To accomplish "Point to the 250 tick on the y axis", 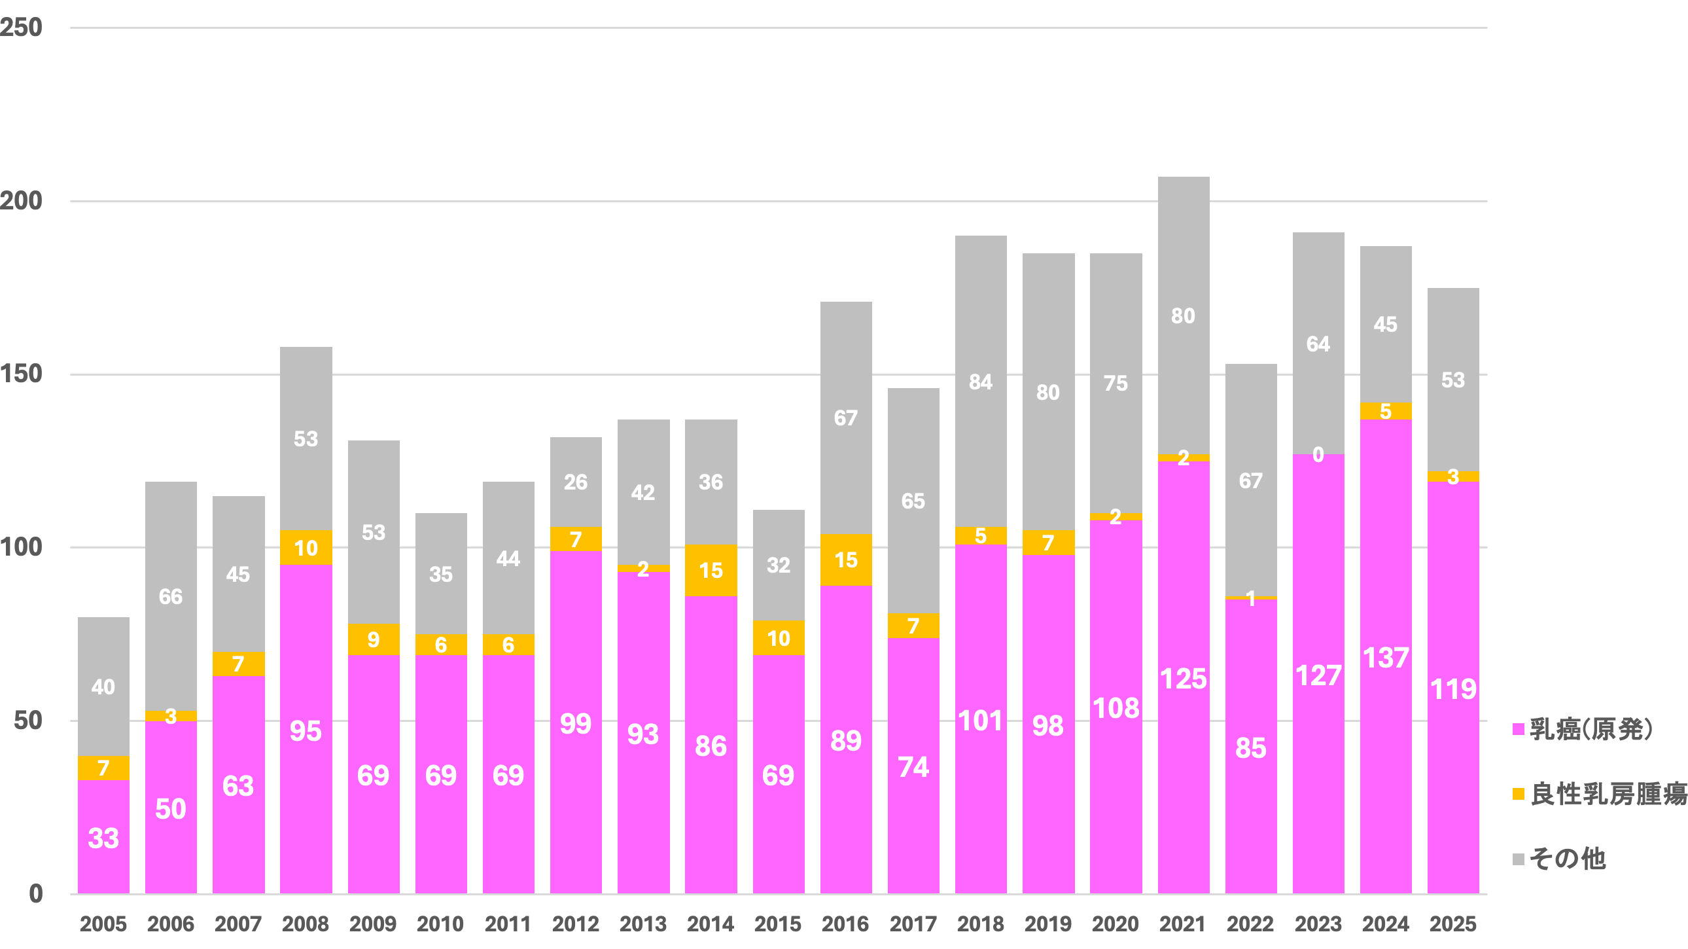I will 21,27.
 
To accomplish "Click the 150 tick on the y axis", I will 21,374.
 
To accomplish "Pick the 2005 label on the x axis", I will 103,924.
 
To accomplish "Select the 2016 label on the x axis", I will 845,924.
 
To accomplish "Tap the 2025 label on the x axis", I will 1452,924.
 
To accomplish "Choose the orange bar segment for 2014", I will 711,570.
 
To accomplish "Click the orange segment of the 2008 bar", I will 306,548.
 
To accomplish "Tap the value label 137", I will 1386,658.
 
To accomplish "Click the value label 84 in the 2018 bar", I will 981,382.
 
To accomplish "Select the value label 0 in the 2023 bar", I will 1318,454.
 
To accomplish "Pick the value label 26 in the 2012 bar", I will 576,482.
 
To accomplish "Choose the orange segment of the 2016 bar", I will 846,560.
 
